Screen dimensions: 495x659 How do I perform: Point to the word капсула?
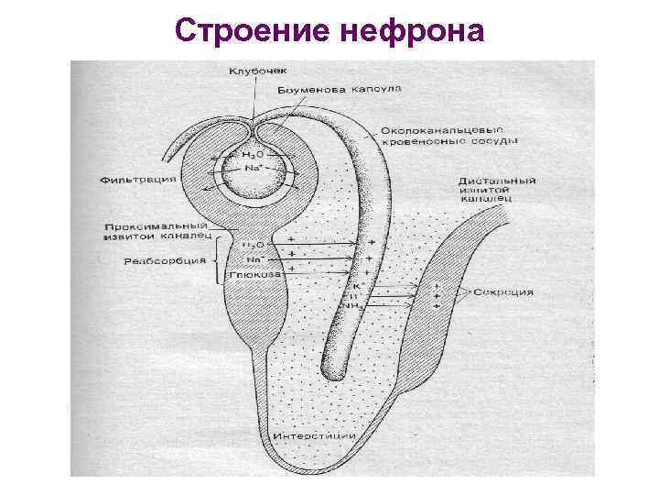point(375,90)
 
